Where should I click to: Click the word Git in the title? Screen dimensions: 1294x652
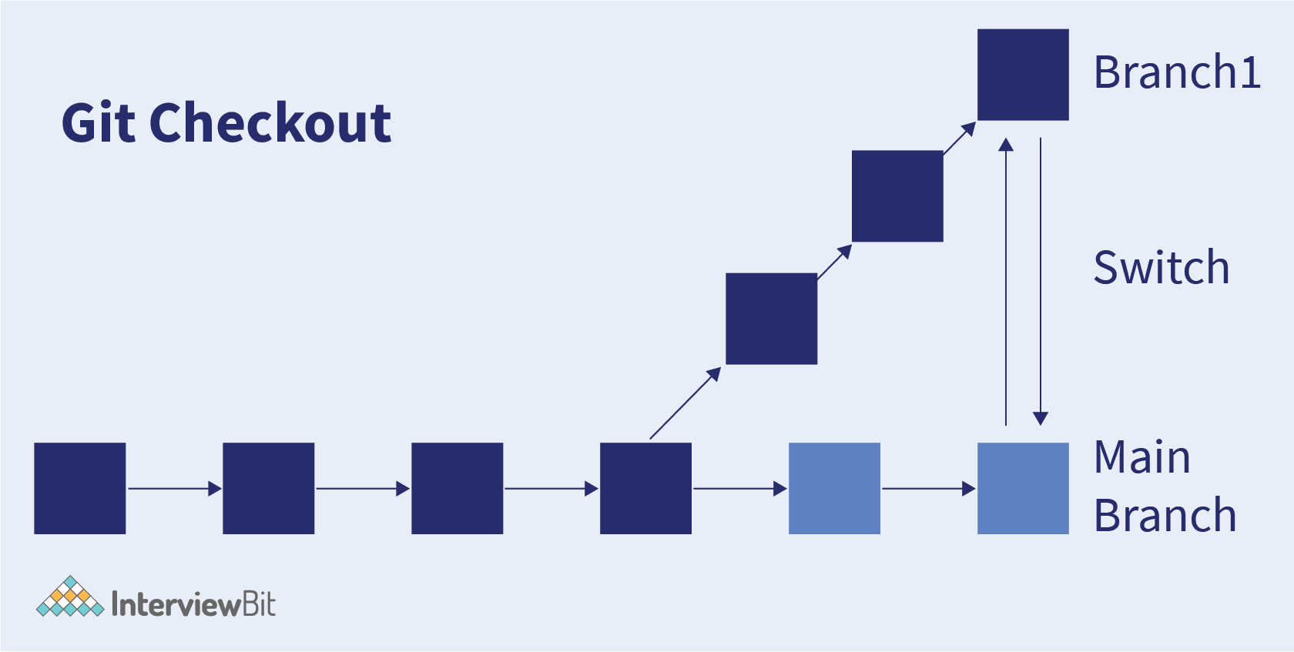tap(99, 122)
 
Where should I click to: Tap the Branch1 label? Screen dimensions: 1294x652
tap(1177, 72)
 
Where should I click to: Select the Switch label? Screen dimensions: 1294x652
tap(1162, 267)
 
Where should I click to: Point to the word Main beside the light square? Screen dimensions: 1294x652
tap(1142, 456)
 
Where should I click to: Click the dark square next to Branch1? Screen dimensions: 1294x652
tap(1023, 75)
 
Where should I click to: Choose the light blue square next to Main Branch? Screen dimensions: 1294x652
tap(1023, 489)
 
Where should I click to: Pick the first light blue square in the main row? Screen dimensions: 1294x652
tap(835, 489)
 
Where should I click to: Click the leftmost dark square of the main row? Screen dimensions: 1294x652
tap(80, 489)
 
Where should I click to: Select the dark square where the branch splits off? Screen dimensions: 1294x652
tap(645, 489)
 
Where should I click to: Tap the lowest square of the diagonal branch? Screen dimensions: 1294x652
tap(772, 319)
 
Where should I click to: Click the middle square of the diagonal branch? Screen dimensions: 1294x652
tap(898, 196)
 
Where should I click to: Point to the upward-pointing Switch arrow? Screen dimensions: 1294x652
tap(1006, 282)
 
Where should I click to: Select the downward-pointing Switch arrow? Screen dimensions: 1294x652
tap(1041, 282)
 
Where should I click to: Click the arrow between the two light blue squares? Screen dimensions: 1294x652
tap(929, 489)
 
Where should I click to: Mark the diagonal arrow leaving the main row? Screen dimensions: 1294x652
tap(686, 403)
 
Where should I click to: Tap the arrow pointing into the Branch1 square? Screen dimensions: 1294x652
tap(960, 139)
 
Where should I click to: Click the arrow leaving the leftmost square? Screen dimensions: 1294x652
tap(174, 489)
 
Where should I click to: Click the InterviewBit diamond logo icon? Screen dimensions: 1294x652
tap(71, 596)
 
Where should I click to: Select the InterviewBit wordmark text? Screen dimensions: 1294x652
tap(193, 604)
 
